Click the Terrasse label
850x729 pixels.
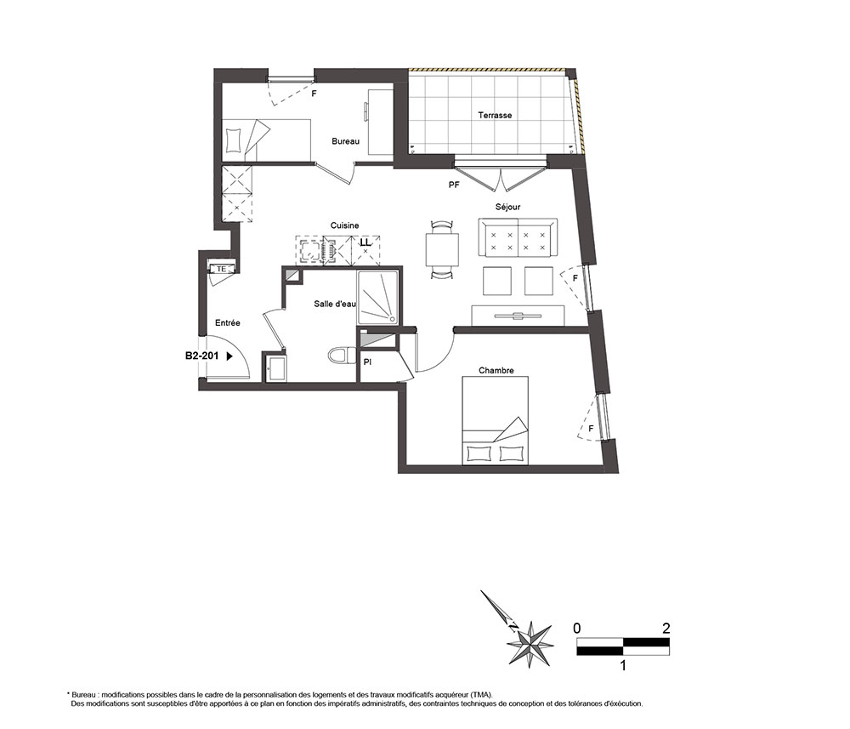click(x=495, y=115)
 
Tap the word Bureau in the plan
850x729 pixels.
click(x=346, y=141)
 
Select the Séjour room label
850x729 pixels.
click(x=508, y=207)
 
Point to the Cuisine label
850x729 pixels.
click(x=345, y=225)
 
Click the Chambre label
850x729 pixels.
click(x=496, y=371)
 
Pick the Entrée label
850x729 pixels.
click(x=228, y=322)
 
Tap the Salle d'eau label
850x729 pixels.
click(x=334, y=304)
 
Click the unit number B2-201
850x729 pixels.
click(x=201, y=356)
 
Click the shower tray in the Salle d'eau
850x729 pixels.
click(x=378, y=298)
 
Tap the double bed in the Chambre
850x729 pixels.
click(x=495, y=421)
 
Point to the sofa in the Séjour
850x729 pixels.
click(x=518, y=237)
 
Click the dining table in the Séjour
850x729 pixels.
click(x=442, y=249)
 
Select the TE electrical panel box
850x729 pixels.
click(x=221, y=269)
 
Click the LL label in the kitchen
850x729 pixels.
click(x=365, y=242)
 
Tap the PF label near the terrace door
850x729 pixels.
click(x=454, y=185)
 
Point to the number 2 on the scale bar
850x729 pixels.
click(x=666, y=628)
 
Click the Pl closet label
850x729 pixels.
click(x=367, y=362)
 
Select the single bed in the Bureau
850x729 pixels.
click(x=267, y=140)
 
